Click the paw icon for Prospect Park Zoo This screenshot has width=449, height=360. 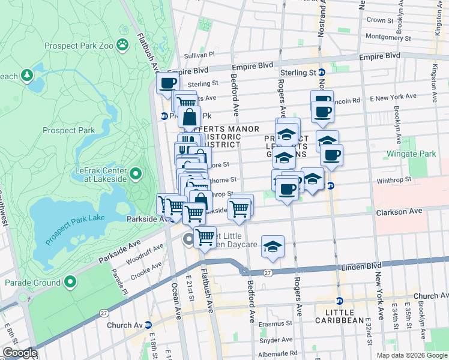click(x=122, y=44)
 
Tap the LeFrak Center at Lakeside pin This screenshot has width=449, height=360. click(x=136, y=175)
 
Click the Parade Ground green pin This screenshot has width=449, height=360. click(x=70, y=281)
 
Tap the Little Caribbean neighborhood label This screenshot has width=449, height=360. click(x=345, y=317)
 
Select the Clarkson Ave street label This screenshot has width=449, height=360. click(x=399, y=212)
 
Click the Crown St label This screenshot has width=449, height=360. click(x=379, y=20)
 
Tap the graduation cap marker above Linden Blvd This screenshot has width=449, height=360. click(x=273, y=247)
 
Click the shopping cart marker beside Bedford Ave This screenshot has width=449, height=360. click(x=240, y=209)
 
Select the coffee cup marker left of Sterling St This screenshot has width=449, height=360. click(x=167, y=83)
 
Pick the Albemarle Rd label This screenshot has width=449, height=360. click(x=277, y=353)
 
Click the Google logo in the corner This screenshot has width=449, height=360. click(x=20, y=353)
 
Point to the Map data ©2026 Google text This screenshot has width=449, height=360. click(x=412, y=355)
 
